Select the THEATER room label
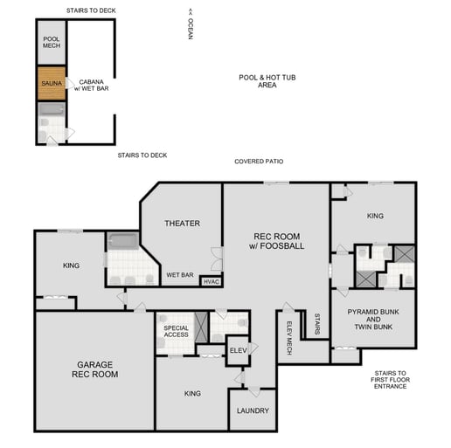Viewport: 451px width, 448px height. pyautogui.click(x=182, y=224)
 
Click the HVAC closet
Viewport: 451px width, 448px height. pyautogui.click(x=212, y=281)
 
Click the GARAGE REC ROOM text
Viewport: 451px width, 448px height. pyautogui.click(x=94, y=369)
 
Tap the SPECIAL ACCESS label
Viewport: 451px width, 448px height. pyautogui.click(x=176, y=331)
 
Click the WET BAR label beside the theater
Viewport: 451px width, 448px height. pyautogui.click(x=180, y=275)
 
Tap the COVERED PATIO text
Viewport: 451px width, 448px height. pyautogui.click(x=259, y=162)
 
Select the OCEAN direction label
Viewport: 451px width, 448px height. pyautogui.click(x=190, y=25)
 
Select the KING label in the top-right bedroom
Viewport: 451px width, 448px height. pyautogui.click(x=374, y=215)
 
